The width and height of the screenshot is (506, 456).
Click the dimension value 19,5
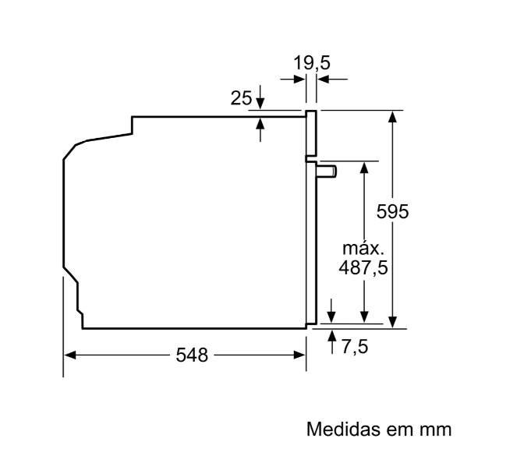click(312, 62)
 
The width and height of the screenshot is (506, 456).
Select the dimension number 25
click(242, 98)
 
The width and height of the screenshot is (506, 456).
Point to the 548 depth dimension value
click(192, 355)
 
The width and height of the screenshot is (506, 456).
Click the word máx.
click(364, 249)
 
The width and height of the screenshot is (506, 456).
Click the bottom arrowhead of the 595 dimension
click(394, 321)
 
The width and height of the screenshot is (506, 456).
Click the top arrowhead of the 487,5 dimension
click(364, 168)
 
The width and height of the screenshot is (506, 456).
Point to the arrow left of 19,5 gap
click(299, 80)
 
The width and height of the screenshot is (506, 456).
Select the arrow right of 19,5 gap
click(323, 80)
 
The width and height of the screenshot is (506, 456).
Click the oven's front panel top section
click(311, 133)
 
